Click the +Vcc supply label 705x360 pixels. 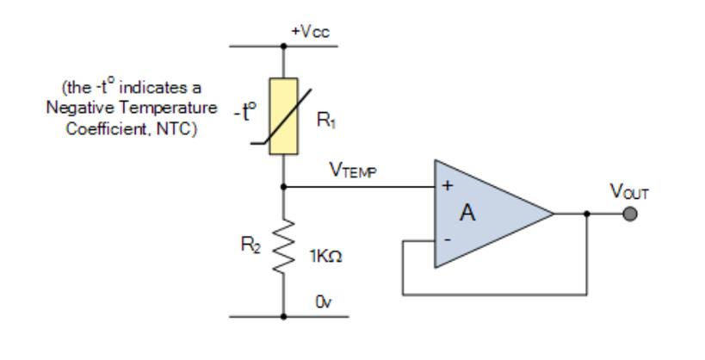[310, 32]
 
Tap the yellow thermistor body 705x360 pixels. [283, 116]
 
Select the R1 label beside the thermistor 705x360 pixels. [326, 120]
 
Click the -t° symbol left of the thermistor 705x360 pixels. [245, 112]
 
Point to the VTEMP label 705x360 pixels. [354, 171]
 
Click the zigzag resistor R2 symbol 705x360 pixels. [284, 246]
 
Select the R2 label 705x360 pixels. [250, 245]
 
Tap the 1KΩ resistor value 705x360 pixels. [325, 257]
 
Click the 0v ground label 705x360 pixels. [324, 302]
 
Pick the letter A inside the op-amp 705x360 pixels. [467, 213]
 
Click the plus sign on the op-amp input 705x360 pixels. [448, 185]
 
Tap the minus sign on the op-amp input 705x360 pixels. [448, 240]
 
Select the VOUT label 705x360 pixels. [629, 192]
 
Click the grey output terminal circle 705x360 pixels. [630, 214]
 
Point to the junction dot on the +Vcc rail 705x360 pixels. [283, 46]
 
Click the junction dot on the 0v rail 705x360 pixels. [283, 317]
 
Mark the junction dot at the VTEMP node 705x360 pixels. [283, 187]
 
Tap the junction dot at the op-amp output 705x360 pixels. [587, 214]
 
